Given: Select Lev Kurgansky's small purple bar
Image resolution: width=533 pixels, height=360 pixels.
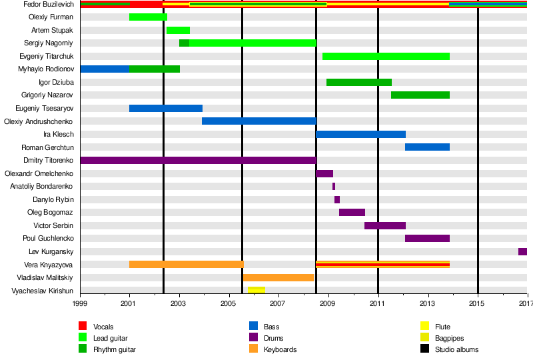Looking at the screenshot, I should point(522,251).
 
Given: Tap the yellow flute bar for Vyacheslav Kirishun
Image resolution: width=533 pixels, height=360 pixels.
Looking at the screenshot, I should point(256,290).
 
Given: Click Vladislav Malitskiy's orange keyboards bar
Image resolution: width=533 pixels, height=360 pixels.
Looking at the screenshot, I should point(278,277).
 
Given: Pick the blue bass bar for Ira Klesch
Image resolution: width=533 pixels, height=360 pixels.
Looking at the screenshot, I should point(360,134).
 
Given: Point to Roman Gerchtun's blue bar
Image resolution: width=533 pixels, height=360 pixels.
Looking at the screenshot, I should point(427,147).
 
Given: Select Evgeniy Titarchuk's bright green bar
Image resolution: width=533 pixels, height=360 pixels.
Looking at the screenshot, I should point(386,56).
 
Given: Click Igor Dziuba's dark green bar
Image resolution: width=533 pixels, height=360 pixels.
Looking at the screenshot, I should point(358,82).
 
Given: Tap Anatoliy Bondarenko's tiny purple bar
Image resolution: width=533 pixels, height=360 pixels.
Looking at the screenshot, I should point(334,186).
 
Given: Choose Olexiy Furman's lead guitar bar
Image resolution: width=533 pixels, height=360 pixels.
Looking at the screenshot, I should point(148,17).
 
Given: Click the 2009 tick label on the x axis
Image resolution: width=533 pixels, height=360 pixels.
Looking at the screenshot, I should point(328,304).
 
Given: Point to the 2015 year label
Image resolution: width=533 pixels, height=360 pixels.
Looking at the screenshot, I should point(477,304).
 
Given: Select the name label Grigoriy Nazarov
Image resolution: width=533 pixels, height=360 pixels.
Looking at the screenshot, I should point(49,95).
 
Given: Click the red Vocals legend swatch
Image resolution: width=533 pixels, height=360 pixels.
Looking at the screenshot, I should point(83,326).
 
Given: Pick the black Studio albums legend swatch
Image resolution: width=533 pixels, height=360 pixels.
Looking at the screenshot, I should point(424,349).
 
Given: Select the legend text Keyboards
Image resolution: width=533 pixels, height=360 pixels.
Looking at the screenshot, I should point(280,349).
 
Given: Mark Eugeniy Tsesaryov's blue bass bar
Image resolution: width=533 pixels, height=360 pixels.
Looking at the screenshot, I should point(165,108).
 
